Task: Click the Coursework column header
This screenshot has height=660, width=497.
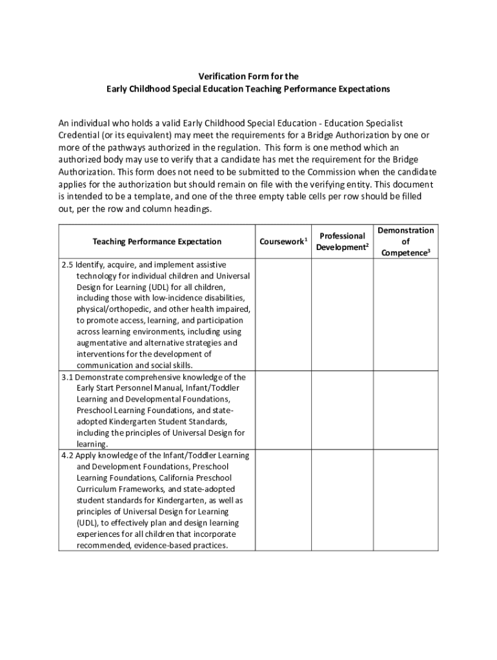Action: click(x=282, y=242)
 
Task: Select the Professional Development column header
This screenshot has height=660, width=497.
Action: click(x=342, y=241)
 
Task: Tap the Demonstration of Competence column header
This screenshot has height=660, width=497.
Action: click(x=406, y=241)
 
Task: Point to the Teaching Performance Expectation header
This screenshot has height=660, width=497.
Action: click(x=157, y=242)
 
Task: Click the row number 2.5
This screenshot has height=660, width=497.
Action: click(x=67, y=264)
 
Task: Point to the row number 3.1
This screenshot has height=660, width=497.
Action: click(x=67, y=376)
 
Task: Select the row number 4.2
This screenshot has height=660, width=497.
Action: click(x=67, y=455)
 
